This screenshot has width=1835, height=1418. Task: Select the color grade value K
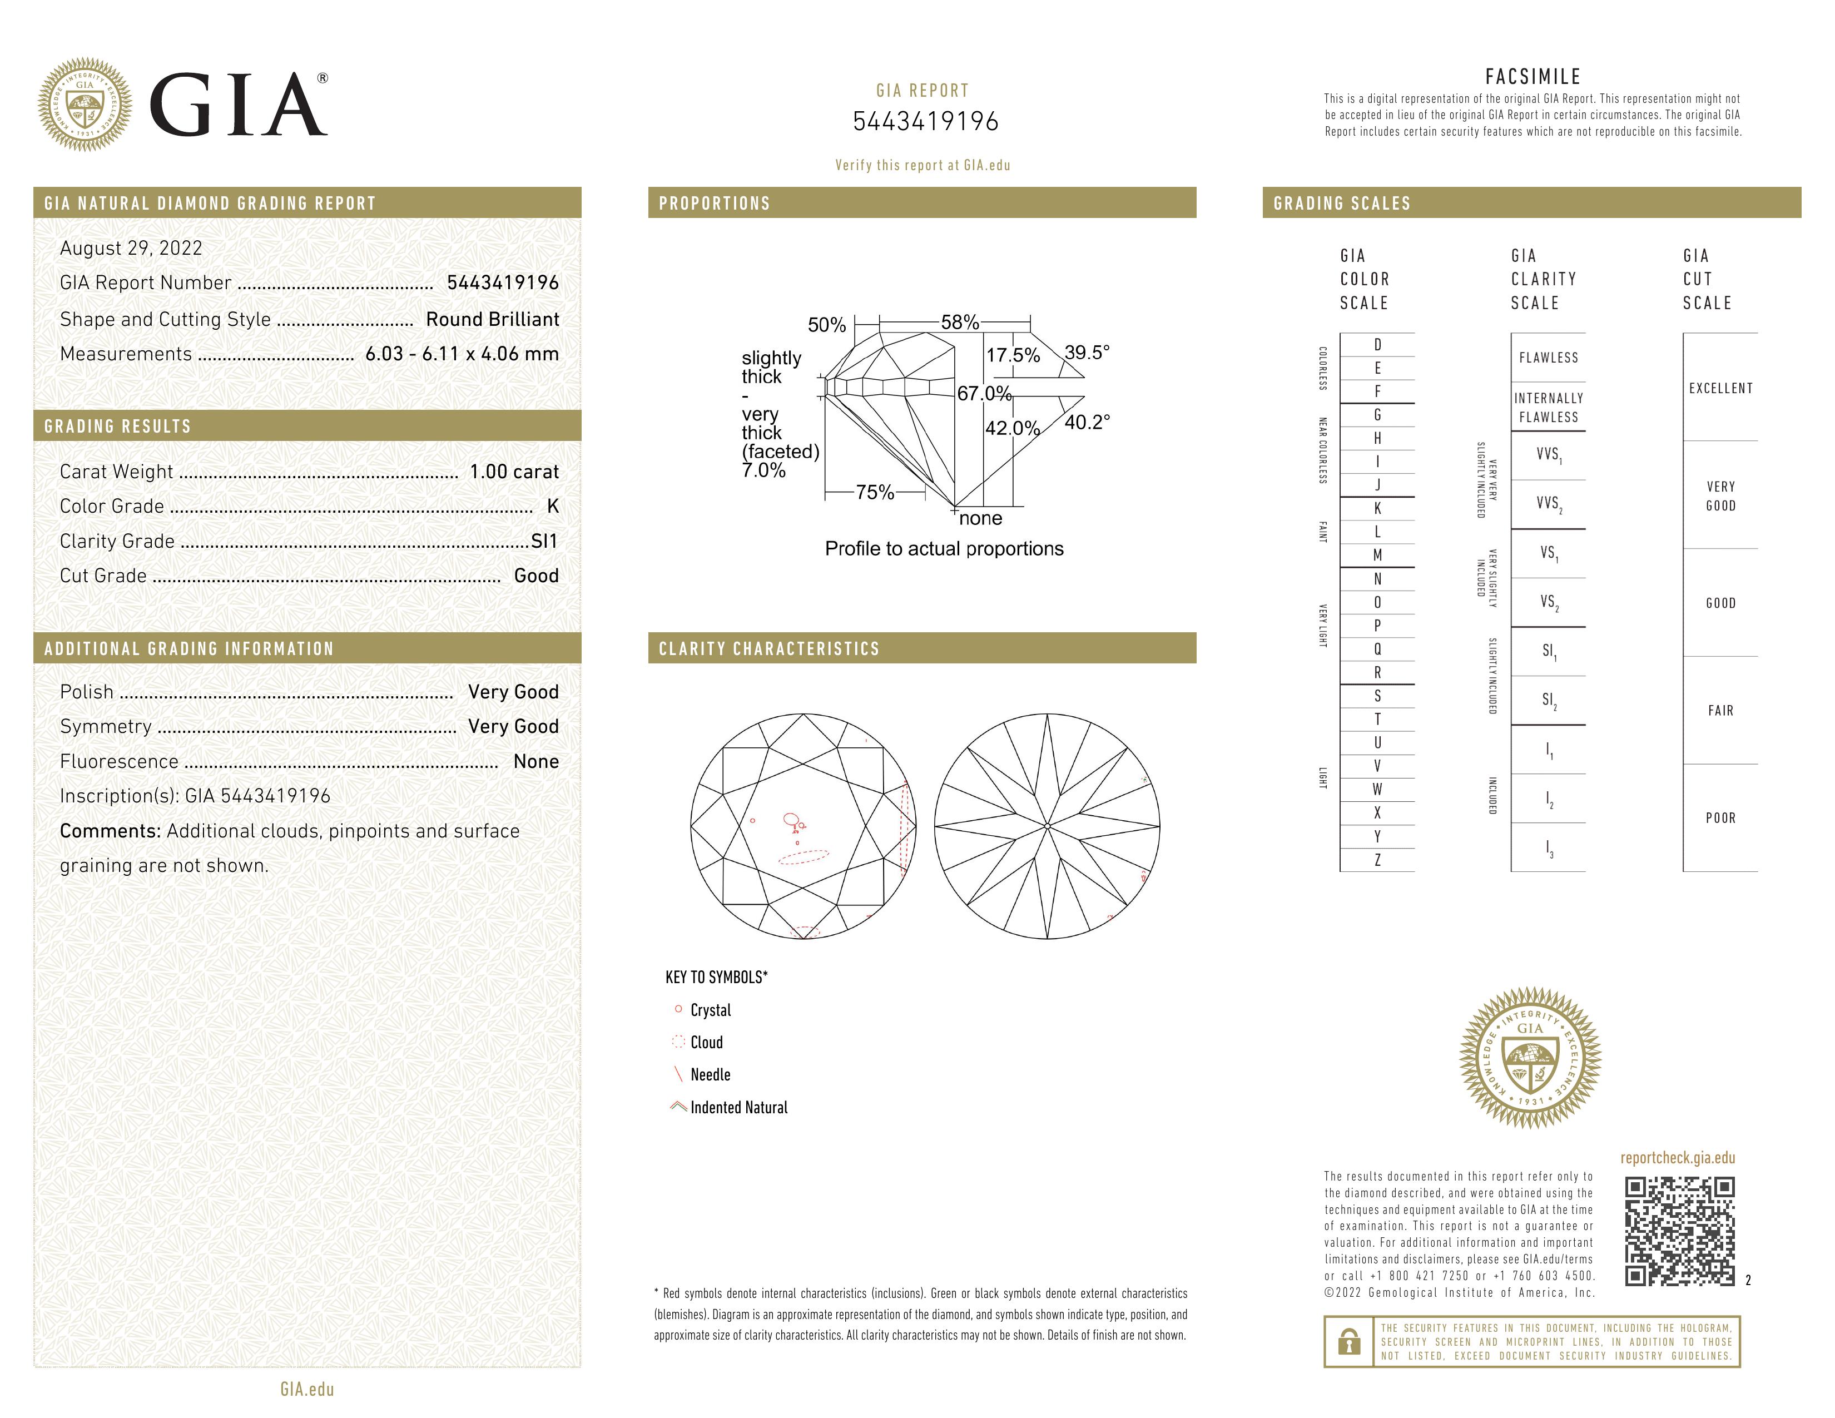(552, 505)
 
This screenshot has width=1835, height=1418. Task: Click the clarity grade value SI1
(544, 541)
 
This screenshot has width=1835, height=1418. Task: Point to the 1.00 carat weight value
(513, 471)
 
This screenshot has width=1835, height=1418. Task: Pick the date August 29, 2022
(131, 248)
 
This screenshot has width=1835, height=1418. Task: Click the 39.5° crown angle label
(1087, 352)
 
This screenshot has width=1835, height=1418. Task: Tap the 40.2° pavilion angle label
(1087, 422)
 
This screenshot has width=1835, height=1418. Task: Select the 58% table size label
(960, 322)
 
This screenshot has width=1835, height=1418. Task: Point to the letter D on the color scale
(1377, 344)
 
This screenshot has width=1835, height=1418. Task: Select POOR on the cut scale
(1720, 818)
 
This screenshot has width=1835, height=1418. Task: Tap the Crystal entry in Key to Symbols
(710, 1010)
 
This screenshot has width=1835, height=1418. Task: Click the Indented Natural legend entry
(738, 1107)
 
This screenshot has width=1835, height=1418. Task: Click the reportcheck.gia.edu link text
(1677, 1158)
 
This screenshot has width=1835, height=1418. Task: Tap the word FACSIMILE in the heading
(1533, 76)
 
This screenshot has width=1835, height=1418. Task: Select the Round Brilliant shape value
(492, 319)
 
